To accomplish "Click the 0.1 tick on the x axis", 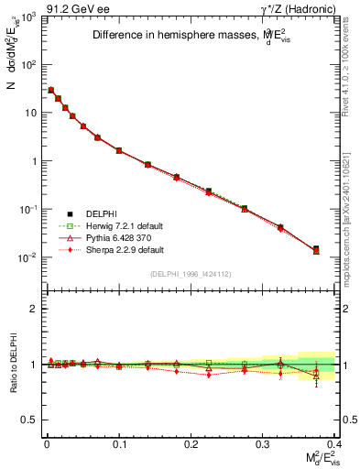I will (119, 443).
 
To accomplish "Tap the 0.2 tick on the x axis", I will (191, 443).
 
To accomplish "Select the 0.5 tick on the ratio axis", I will (31, 420).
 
